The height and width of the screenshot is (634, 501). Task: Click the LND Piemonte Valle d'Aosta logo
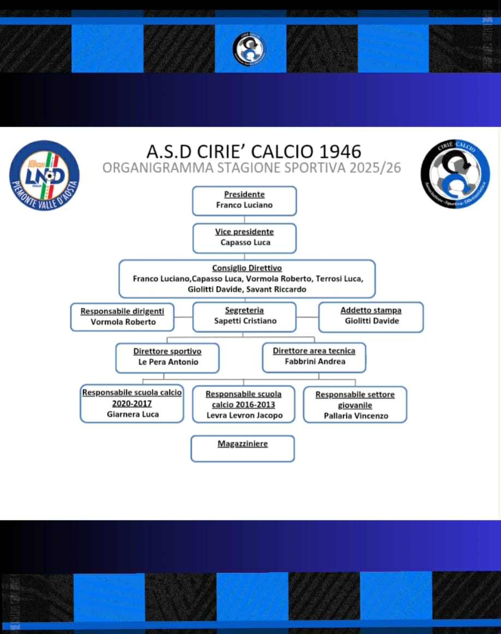click(x=45, y=175)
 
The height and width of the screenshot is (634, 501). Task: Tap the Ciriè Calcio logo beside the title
click(x=455, y=174)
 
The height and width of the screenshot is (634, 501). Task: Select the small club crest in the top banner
click(x=249, y=49)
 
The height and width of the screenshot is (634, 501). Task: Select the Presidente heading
click(x=244, y=194)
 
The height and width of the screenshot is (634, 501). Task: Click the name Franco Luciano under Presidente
click(x=244, y=205)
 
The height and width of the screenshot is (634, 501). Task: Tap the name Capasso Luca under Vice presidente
click(x=245, y=242)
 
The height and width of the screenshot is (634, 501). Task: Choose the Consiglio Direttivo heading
click(x=247, y=268)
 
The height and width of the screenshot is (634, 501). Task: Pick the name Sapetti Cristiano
click(x=245, y=321)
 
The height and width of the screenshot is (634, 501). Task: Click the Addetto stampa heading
click(x=371, y=310)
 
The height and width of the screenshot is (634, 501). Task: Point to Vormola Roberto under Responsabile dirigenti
click(x=123, y=322)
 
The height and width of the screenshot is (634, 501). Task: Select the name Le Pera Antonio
click(x=168, y=362)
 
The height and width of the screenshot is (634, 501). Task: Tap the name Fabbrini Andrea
click(x=315, y=361)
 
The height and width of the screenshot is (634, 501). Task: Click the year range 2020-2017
click(x=132, y=403)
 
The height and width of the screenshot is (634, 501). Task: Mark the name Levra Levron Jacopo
click(x=244, y=415)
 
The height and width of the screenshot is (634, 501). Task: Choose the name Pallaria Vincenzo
click(x=356, y=416)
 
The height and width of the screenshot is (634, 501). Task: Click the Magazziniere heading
click(x=243, y=443)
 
